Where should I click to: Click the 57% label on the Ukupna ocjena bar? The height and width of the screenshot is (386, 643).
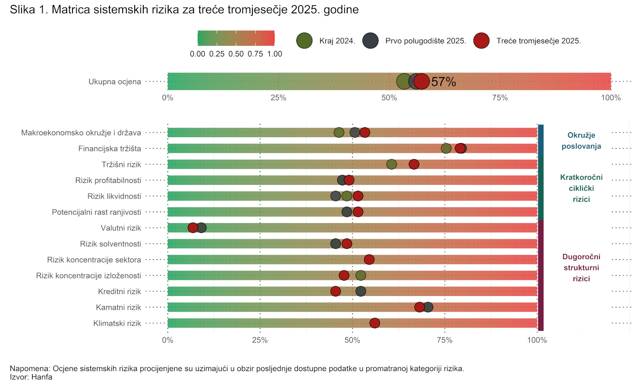coord(443,82)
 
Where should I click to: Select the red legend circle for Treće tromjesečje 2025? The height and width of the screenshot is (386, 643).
coord(481,41)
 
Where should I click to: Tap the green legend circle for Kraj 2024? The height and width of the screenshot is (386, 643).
coord(305,41)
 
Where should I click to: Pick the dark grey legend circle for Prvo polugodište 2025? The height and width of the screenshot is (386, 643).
coord(370,41)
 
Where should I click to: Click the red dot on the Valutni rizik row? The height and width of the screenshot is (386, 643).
coord(193,228)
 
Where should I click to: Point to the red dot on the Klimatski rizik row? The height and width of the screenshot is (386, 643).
coord(375,323)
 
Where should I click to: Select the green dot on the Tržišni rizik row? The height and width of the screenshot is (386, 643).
coord(392,164)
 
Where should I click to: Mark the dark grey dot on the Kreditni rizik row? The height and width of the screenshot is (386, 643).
coord(361,291)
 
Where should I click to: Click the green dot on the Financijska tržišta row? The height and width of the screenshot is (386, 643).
coord(446,148)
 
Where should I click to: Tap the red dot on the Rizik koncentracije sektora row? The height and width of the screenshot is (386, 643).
coord(369,260)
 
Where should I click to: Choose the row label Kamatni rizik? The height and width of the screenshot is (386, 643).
coord(118,307)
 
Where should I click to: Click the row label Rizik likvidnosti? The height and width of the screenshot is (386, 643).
coord(114,196)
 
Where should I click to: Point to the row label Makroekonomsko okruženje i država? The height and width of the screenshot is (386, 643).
coord(81,133)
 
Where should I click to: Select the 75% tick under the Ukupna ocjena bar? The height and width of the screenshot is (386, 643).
coord(500,98)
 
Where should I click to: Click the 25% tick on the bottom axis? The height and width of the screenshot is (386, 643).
coord(260,340)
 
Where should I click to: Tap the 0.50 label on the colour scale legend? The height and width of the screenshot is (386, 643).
coord(236,54)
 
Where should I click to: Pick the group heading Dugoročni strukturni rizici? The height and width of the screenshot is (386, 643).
coord(581,267)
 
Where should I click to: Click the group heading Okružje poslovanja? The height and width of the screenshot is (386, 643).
coord(581,141)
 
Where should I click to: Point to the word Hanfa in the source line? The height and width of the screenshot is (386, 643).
coord(42,377)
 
